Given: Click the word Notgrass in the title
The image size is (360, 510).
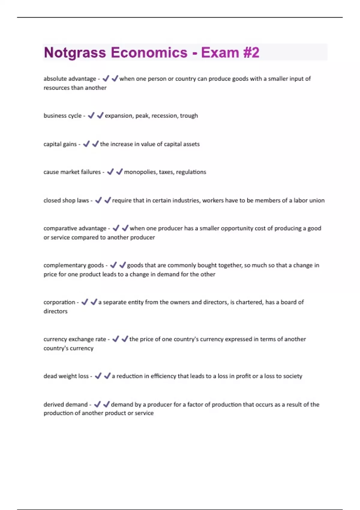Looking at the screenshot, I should [75, 53].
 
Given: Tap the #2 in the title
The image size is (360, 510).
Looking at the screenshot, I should [251, 53].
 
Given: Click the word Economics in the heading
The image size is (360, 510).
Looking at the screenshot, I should [149, 53].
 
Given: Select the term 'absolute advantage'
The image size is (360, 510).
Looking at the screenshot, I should [70, 79].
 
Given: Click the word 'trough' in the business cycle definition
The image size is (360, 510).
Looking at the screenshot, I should [189, 116].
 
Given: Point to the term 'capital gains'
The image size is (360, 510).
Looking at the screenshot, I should [60, 144].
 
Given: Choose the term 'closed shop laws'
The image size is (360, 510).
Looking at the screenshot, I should [66, 200].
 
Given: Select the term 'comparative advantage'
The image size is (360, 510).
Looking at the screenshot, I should [75, 228].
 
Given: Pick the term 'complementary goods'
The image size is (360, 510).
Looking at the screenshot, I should [73, 265].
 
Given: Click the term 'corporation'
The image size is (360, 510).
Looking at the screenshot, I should [59, 302].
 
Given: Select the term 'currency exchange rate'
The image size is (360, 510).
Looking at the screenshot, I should [75, 339].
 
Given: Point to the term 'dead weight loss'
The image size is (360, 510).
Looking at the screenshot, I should [66, 376].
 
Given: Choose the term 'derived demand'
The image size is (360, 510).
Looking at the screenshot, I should [65, 405].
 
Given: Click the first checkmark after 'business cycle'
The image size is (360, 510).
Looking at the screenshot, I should [91, 115].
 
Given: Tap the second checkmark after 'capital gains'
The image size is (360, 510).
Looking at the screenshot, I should [95, 144].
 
